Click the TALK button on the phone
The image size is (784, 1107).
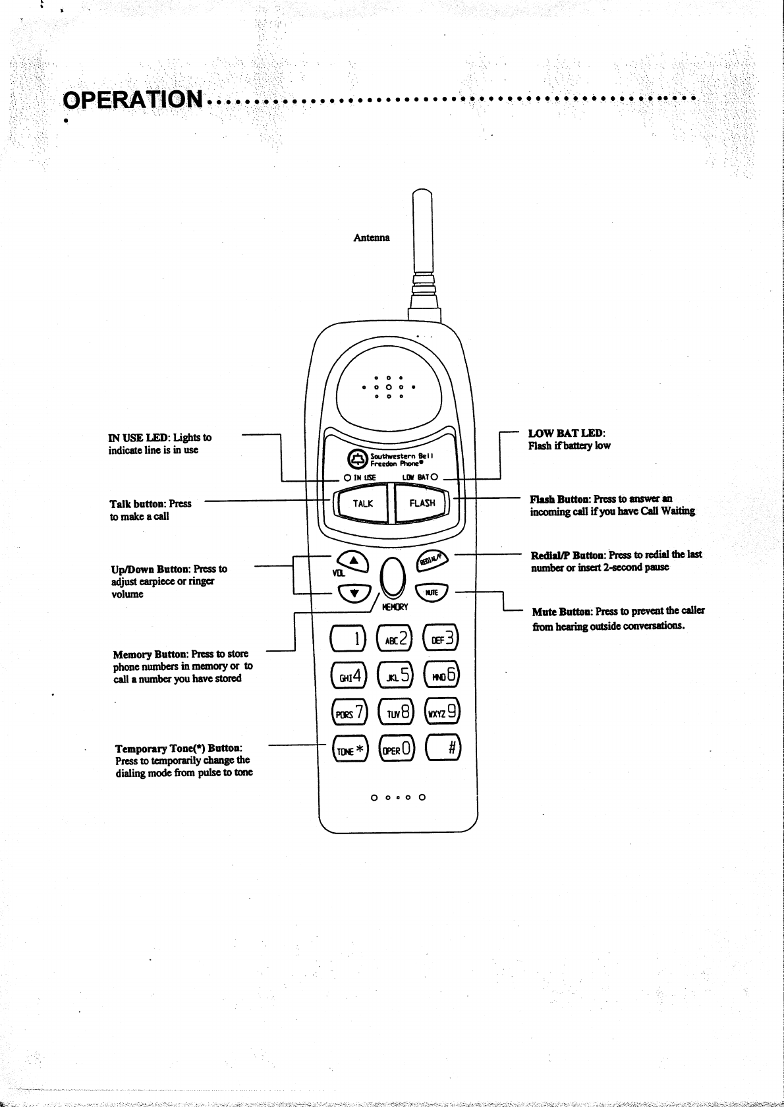[x=362, y=503]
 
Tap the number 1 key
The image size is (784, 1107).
[x=349, y=639]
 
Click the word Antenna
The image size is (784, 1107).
[x=372, y=237]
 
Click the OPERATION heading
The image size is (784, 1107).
[x=132, y=99]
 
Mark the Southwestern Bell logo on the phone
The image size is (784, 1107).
[x=356, y=459]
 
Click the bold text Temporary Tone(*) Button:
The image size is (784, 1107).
[x=179, y=749]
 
